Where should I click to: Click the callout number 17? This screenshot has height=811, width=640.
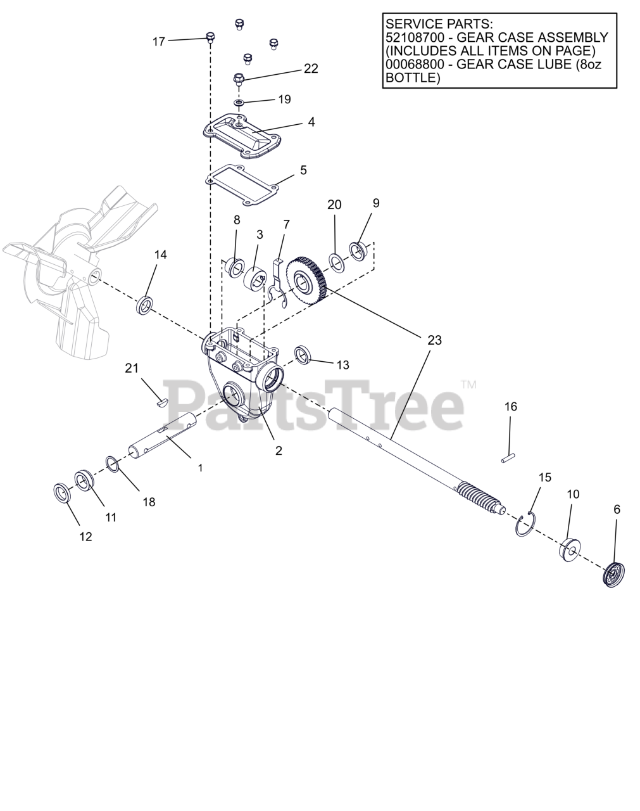pos(158,41)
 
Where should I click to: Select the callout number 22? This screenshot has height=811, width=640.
pos(311,68)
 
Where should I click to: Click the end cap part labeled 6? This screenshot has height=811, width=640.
pos(613,575)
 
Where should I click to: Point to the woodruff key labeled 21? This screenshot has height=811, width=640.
pos(161,400)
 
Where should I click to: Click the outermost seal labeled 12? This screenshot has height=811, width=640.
pos(61,492)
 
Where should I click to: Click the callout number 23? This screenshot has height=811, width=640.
pos(434,340)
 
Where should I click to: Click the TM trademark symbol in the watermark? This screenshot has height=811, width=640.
pos(468,384)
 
